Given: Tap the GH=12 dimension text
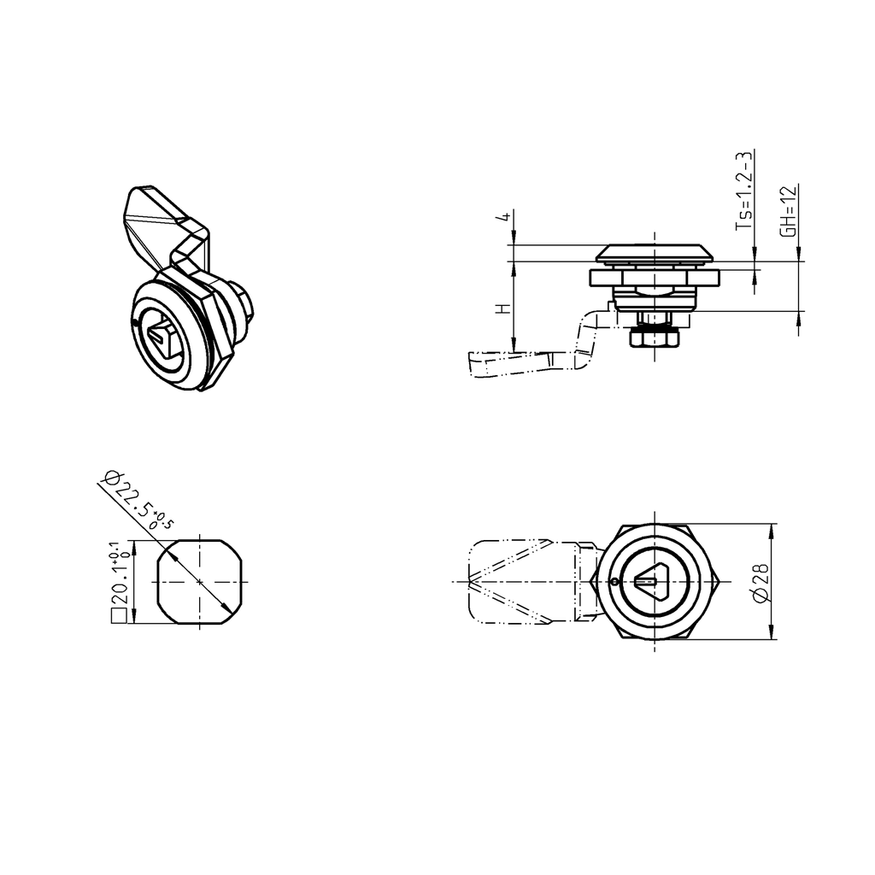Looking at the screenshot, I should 790,211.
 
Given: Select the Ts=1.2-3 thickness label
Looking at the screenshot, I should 744,191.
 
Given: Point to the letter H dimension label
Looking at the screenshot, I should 503,308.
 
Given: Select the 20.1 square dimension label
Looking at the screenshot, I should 118,582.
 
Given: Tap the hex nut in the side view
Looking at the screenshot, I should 654,338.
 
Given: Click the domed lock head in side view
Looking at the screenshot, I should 655,253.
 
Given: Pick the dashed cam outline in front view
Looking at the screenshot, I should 513,583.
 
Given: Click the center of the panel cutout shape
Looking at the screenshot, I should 200,582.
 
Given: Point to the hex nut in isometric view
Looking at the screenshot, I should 243,302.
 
